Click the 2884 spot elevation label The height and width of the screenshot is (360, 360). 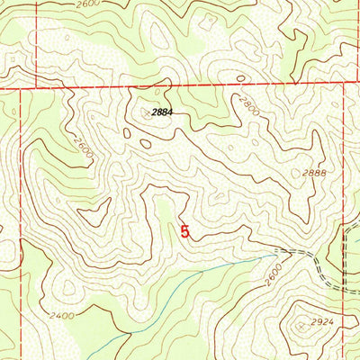tap(157, 113)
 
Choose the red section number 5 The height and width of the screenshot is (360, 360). tap(185, 231)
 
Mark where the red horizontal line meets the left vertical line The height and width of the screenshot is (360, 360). tap(35, 89)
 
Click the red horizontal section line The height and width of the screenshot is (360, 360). tap(180, 86)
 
